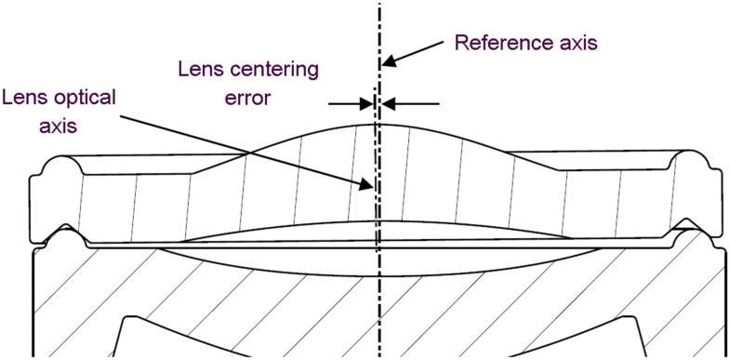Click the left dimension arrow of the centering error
tap(365, 103)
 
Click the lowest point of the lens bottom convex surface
tap(376, 276)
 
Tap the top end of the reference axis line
tap(380, 4)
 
